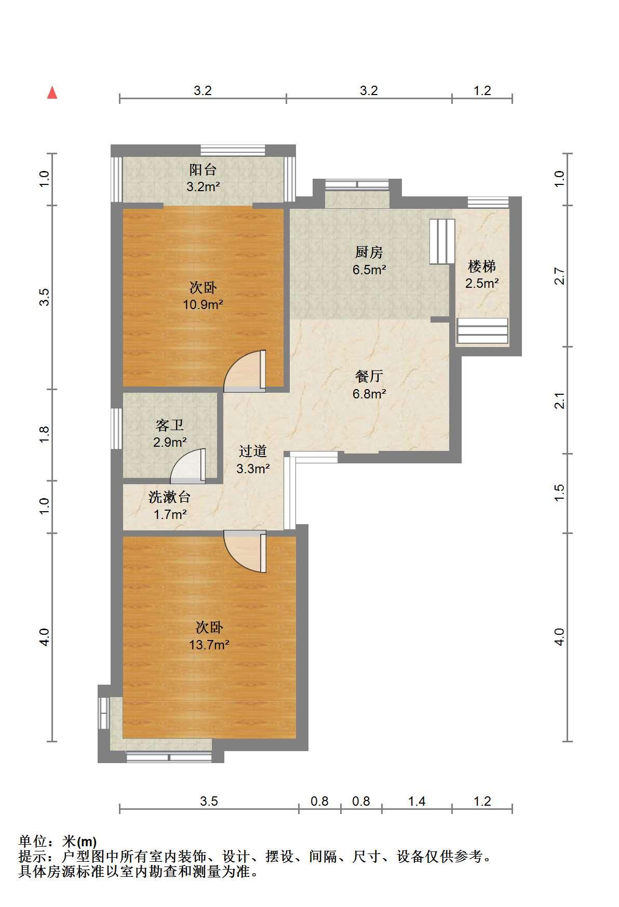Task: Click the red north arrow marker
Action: pyautogui.click(x=52, y=92)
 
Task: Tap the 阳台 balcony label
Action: pyautogui.click(x=203, y=169)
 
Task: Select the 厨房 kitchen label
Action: pyautogui.click(x=369, y=252)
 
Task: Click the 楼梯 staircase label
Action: pyautogui.click(x=482, y=266)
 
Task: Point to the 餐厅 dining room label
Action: pyautogui.click(x=369, y=376)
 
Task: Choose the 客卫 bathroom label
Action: pyautogui.click(x=169, y=425)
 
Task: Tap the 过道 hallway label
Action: pyautogui.click(x=253, y=451)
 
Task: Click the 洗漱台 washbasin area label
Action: pyautogui.click(x=169, y=497)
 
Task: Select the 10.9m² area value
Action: pyautogui.click(x=203, y=304)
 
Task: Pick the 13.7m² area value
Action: pyautogui.click(x=209, y=645)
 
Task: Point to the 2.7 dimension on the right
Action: pyautogui.click(x=559, y=276)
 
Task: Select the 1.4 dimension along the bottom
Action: pyautogui.click(x=416, y=802)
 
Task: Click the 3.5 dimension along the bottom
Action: pyautogui.click(x=209, y=802)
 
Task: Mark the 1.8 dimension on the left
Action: pyautogui.click(x=45, y=434)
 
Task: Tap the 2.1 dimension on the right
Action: pyautogui.click(x=559, y=401)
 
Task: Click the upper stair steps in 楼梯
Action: pyautogui.click(x=442, y=241)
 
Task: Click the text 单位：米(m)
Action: pyautogui.click(x=58, y=841)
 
